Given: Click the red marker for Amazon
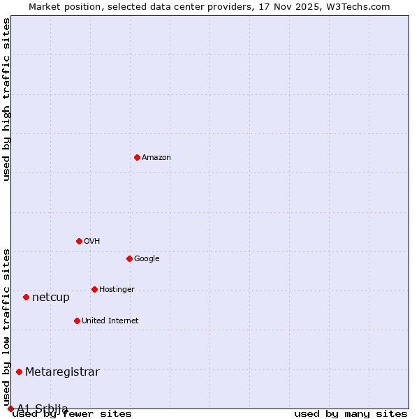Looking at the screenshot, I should click(x=137, y=157).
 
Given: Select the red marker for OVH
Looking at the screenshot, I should click(x=79, y=241).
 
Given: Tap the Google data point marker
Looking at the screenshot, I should click(x=129, y=258).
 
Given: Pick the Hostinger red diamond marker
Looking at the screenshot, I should click(x=94, y=289).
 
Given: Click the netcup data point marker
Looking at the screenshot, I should click(x=26, y=297).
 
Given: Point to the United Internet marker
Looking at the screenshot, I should click(x=77, y=321).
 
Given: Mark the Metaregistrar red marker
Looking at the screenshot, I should click(x=19, y=372).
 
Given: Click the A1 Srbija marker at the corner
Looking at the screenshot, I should click(x=10, y=409).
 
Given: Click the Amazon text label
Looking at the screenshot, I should click(x=156, y=158).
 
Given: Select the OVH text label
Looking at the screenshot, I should click(x=91, y=242).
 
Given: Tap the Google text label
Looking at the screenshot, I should click(x=147, y=259).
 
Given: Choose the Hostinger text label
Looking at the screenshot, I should click(x=117, y=290).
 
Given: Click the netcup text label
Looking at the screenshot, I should click(x=51, y=297).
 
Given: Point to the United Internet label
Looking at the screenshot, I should click(x=110, y=321).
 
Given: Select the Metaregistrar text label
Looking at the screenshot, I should click(x=62, y=372).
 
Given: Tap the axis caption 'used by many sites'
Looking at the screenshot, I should click(x=351, y=413).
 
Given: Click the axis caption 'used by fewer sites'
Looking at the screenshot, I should click(x=72, y=413).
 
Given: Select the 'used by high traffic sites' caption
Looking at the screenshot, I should click(x=7, y=99).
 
